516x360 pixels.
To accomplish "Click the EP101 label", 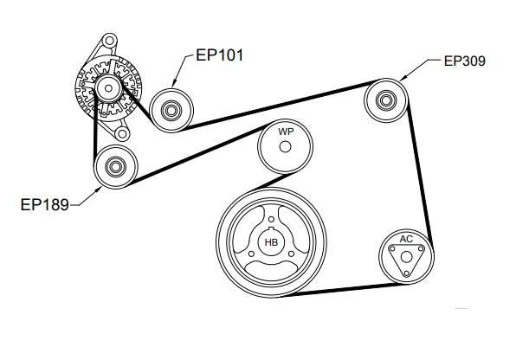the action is pyautogui.click(x=220, y=55).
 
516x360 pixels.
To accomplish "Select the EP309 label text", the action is pyautogui.click(x=465, y=61).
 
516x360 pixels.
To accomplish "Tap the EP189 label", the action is pyautogui.click(x=44, y=204).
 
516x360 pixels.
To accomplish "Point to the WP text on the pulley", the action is pyautogui.click(x=286, y=132).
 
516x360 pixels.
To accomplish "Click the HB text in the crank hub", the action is pyautogui.click(x=271, y=242).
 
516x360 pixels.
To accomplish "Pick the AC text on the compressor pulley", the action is pyautogui.click(x=406, y=239).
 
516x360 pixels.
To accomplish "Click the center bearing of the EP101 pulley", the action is pyautogui.click(x=171, y=111).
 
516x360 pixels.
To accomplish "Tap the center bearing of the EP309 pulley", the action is pyautogui.click(x=385, y=100).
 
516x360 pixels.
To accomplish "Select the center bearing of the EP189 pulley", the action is pyautogui.click(x=115, y=167).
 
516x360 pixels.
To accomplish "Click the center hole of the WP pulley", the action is pyautogui.click(x=285, y=147).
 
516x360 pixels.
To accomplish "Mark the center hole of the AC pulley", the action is pyautogui.click(x=407, y=257).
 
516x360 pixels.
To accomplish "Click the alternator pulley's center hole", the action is pyautogui.click(x=108, y=88).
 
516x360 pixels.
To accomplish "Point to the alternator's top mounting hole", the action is pyautogui.click(x=109, y=41).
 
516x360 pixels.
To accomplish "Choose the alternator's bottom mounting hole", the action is pyautogui.click(x=122, y=134).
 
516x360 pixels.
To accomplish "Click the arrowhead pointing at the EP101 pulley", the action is pyautogui.click(x=174, y=84).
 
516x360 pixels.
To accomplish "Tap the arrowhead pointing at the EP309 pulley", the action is pyautogui.click(x=402, y=78).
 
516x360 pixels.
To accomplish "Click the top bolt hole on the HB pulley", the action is pyautogui.click(x=271, y=220).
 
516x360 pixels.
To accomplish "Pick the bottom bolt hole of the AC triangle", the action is pyautogui.click(x=407, y=273).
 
